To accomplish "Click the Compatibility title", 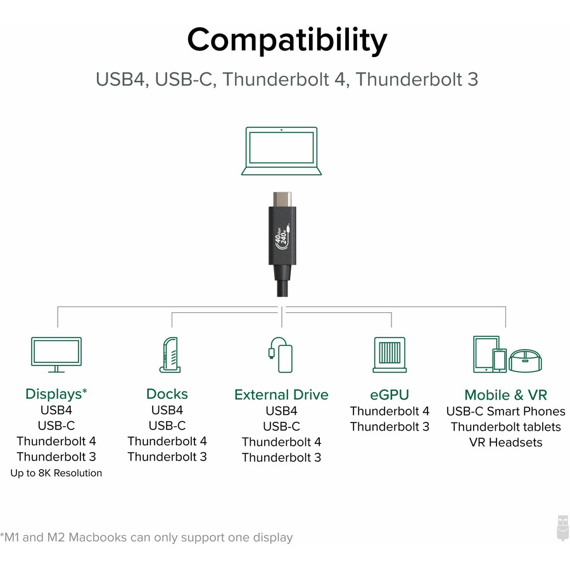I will coord(286,41).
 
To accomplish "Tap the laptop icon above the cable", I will coord(281,151).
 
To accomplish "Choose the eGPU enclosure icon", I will coord(389,354).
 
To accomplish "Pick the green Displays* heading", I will coord(56,394).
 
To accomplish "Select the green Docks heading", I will coord(167,394).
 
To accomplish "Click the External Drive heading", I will coord(281,395).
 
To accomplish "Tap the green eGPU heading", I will coord(389,395).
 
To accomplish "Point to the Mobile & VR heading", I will coord(505,395).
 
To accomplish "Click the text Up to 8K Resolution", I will coord(56,473).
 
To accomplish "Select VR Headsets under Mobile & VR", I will coord(505,442).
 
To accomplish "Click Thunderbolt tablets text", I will coord(505,427).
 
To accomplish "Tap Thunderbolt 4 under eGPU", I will coord(389,411).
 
